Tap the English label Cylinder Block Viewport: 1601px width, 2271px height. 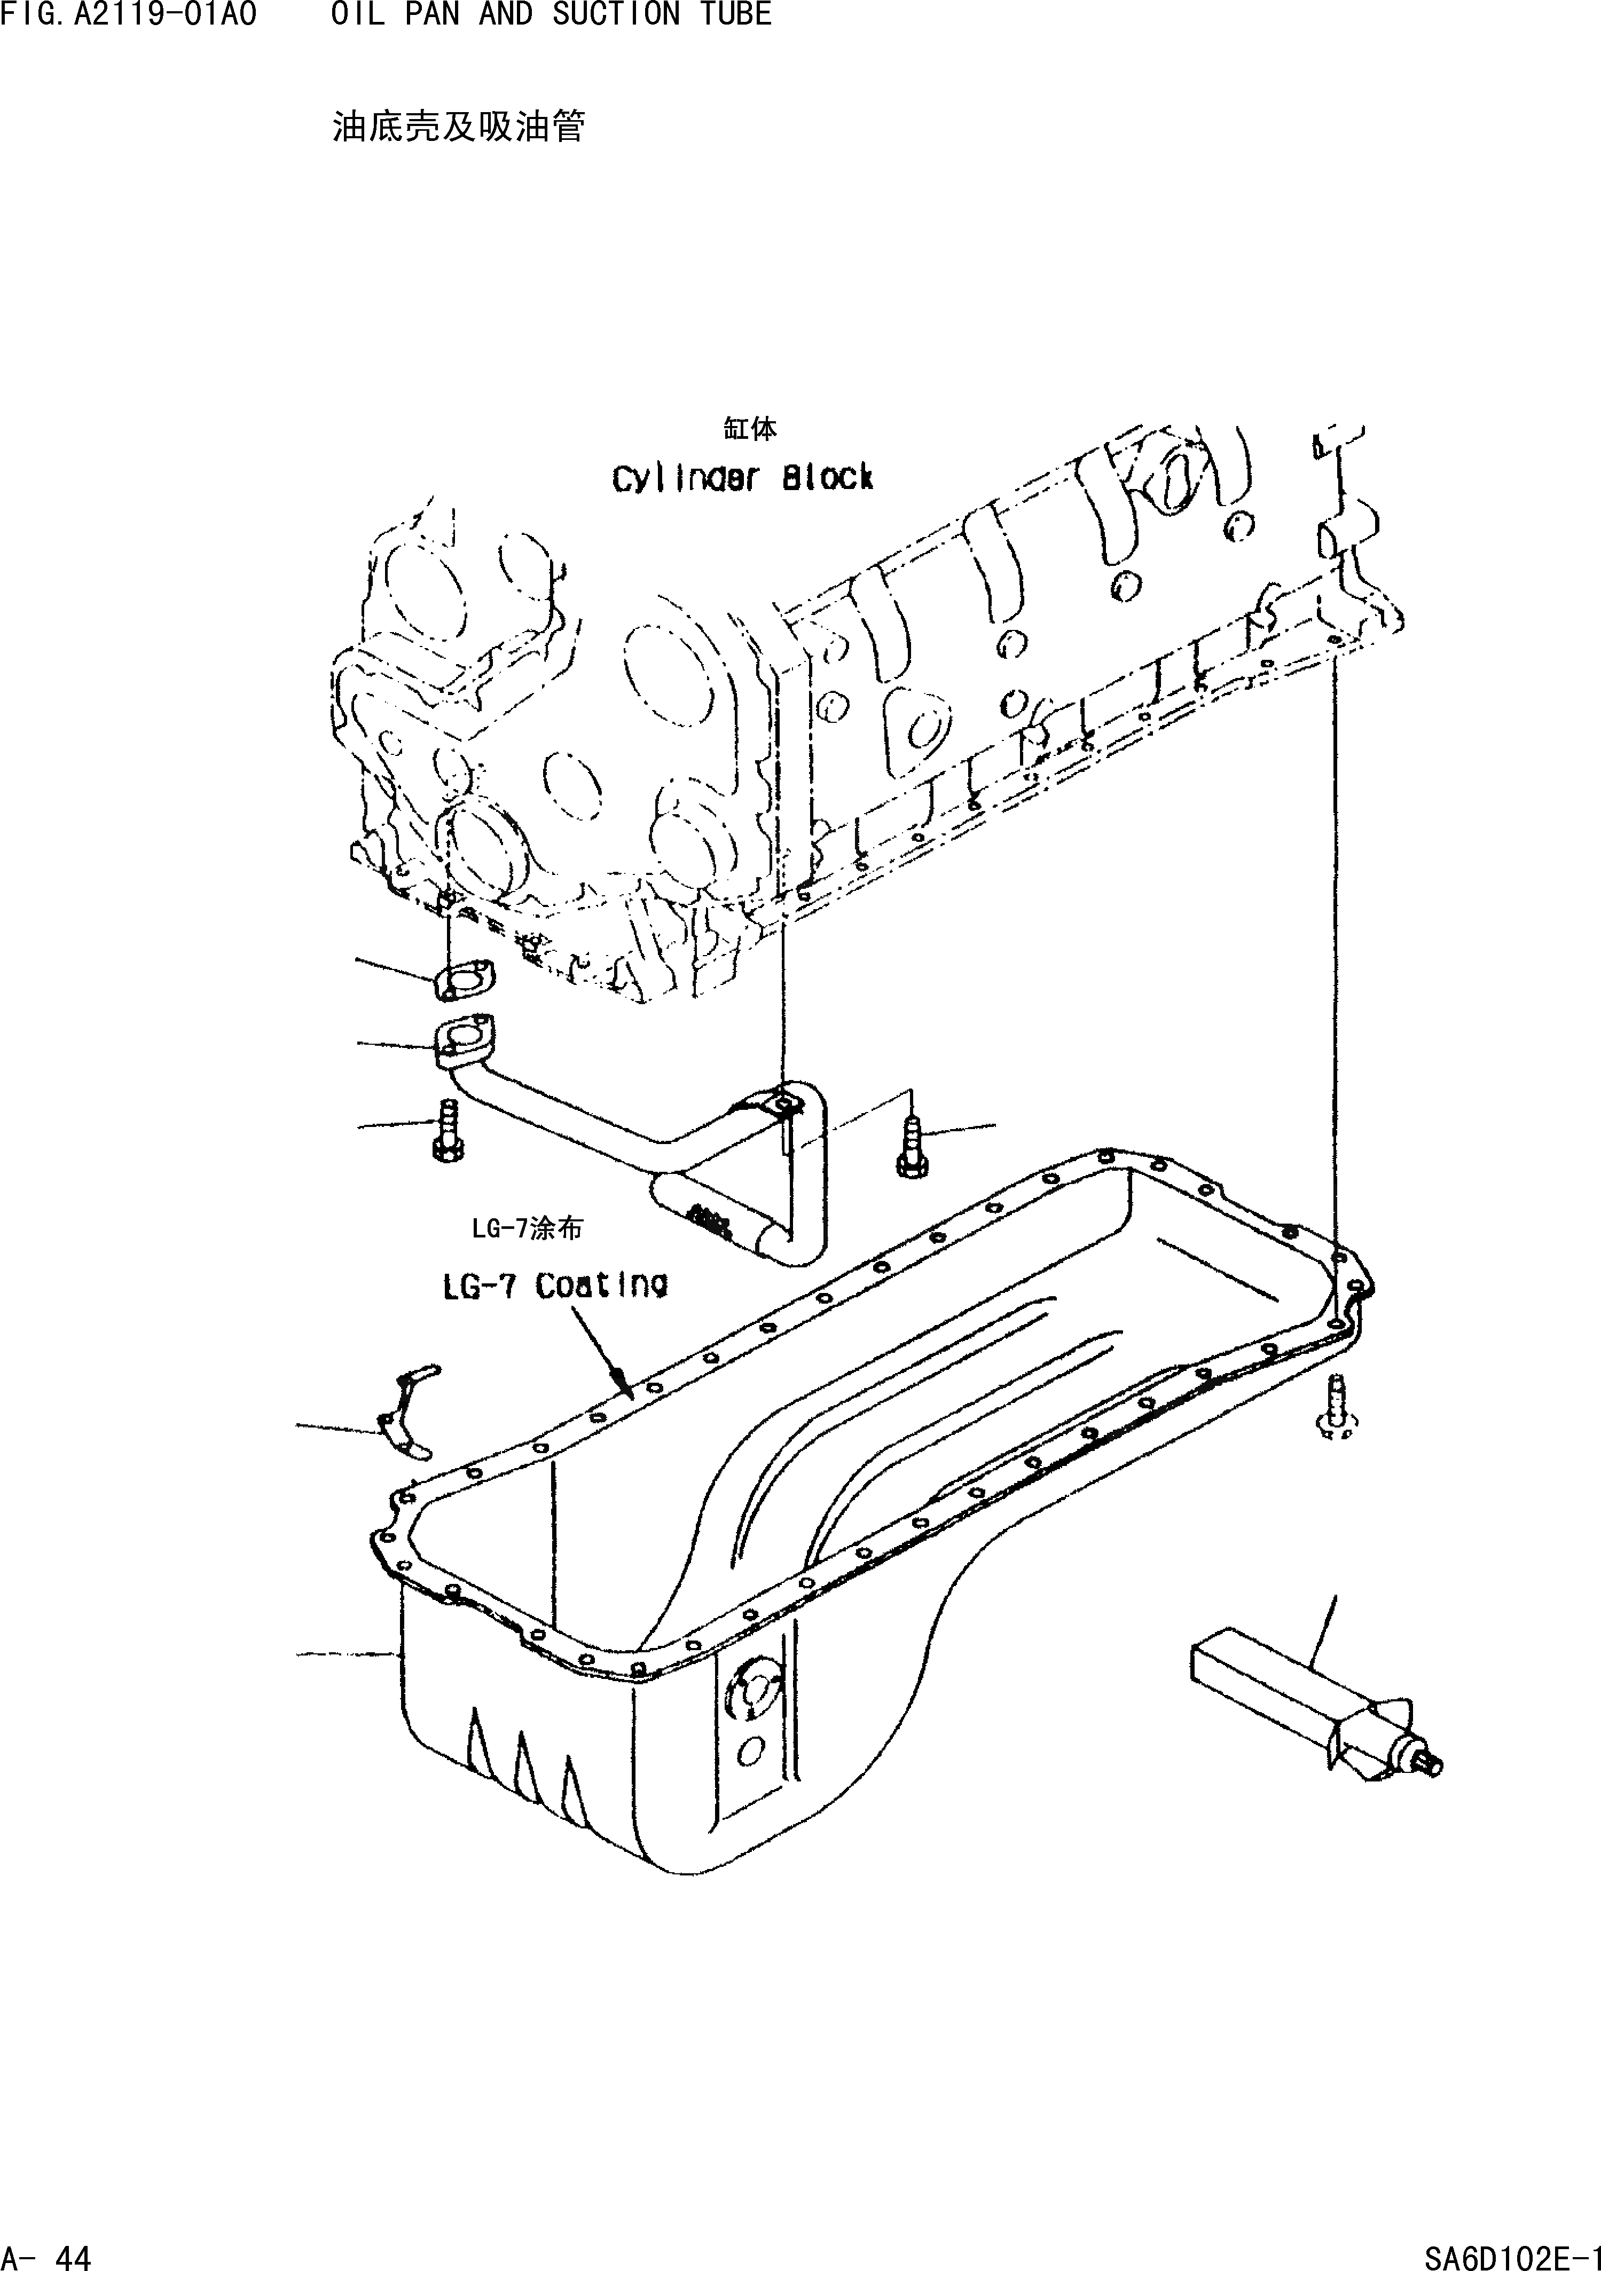click(x=742, y=479)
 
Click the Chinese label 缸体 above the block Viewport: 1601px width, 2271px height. click(x=750, y=428)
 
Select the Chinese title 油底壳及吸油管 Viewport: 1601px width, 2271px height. click(x=458, y=127)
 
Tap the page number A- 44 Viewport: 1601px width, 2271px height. click(x=46, y=2253)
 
